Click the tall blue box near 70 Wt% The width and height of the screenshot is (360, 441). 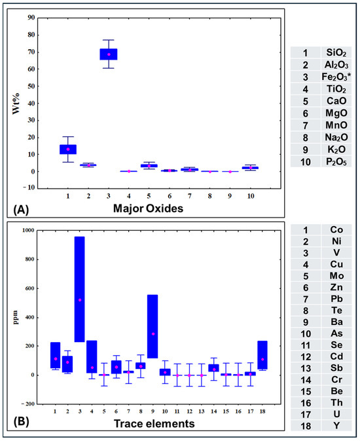tap(109, 54)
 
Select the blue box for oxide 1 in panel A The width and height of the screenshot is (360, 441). tap(68, 149)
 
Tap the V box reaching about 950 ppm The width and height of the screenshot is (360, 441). tap(80, 290)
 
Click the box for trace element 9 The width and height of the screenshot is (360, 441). tap(153, 326)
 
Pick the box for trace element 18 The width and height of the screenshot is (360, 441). tap(262, 355)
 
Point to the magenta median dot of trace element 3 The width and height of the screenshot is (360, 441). tap(80, 300)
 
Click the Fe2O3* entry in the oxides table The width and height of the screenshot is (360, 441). tap(336, 77)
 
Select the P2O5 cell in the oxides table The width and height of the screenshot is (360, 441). tap(336, 162)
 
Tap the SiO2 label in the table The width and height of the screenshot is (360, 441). tap(336, 52)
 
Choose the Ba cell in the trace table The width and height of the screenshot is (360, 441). tap(336, 322)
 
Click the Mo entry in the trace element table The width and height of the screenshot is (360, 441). tap(336, 276)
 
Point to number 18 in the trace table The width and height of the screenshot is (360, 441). tap(306, 426)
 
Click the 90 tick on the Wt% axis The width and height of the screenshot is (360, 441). tap(31, 18)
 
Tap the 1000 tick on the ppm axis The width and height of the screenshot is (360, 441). tap(28, 230)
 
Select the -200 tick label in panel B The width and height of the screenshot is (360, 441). tap(27, 404)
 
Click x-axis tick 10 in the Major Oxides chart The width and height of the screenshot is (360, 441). tap(251, 196)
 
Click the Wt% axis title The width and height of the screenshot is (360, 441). tap(16, 104)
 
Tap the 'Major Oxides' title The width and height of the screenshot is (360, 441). tap(148, 208)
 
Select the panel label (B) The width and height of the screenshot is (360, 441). tap(21, 421)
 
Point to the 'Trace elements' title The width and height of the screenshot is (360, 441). tap(154, 423)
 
